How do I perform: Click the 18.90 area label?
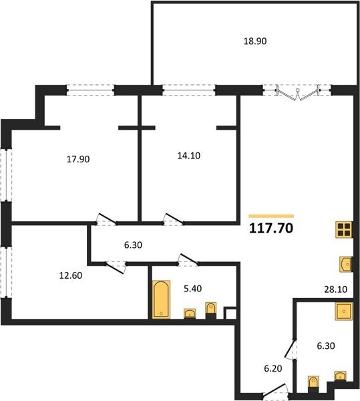(x=255, y=41)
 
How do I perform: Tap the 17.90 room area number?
(x=78, y=159)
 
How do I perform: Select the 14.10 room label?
(x=189, y=156)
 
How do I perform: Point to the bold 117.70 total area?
(x=271, y=228)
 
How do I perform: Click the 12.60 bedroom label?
(x=71, y=275)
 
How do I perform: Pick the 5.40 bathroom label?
(x=192, y=289)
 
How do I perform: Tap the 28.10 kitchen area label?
(x=336, y=289)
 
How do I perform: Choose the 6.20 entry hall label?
(x=273, y=368)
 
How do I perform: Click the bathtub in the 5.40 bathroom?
(x=161, y=299)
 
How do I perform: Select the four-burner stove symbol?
(x=344, y=230)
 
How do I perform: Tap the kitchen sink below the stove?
(x=346, y=264)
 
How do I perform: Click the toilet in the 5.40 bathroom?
(x=211, y=310)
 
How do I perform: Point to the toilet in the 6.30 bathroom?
(x=313, y=384)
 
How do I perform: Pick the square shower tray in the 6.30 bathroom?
(x=344, y=311)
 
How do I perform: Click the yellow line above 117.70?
(x=271, y=216)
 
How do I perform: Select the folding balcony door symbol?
(x=297, y=92)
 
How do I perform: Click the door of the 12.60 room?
(x=116, y=267)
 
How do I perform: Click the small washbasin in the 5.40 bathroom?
(x=190, y=313)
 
